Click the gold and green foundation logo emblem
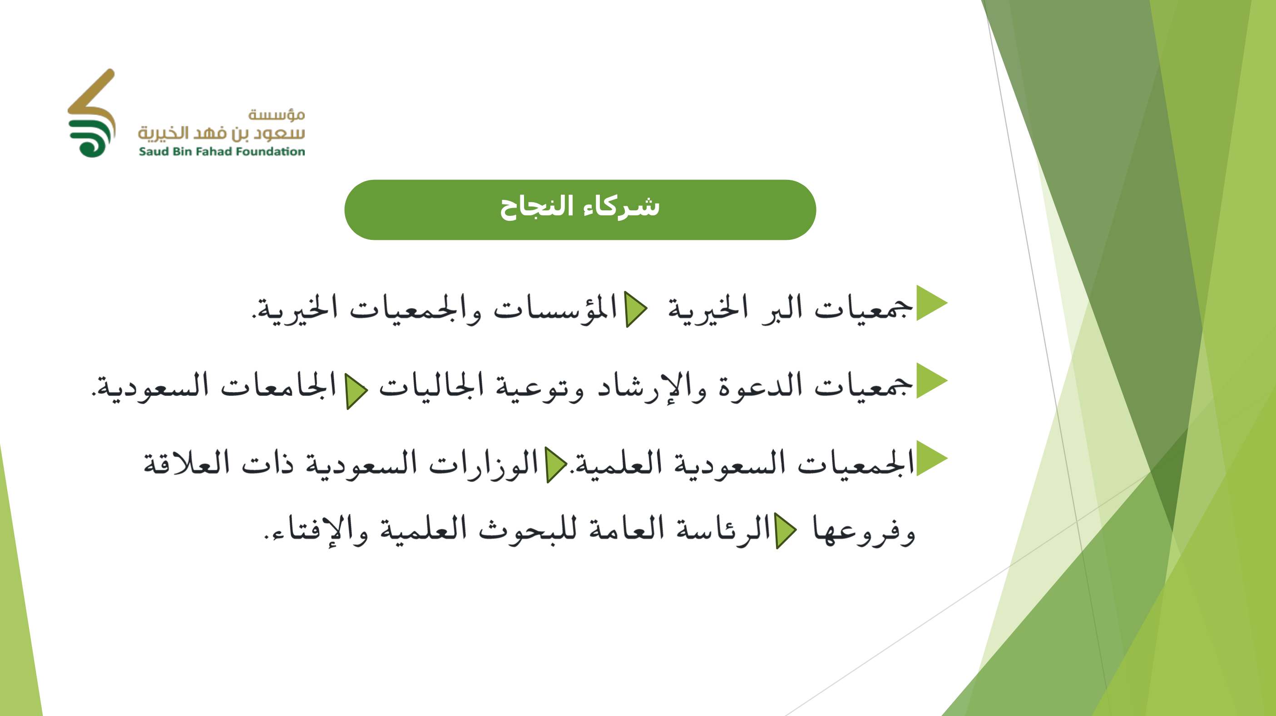coord(92,113)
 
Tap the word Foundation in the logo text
coord(271,151)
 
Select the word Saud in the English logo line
coord(153,151)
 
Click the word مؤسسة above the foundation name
coord(277,114)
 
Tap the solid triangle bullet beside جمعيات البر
coord(932,303)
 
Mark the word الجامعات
coord(279,386)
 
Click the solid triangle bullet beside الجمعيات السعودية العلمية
coord(932,458)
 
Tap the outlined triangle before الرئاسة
coord(786,531)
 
